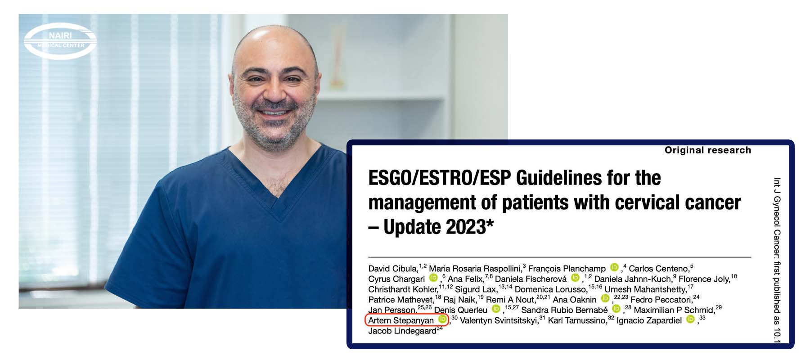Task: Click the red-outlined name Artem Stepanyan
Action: pyautogui.click(x=401, y=320)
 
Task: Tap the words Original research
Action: pyautogui.click(x=708, y=150)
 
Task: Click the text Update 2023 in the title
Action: pyautogui.click(x=435, y=227)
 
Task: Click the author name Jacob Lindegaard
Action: pyautogui.click(x=402, y=331)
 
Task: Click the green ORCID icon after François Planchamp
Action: pyautogui.click(x=614, y=267)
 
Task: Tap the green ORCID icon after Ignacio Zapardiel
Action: pyautogui.click(x=690, y=319)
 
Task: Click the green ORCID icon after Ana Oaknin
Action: pyautogui.click(x=605, y=298)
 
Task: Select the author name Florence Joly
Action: pyautogui.click(x=704, y=279)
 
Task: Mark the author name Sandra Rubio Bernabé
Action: pyautogui.click(x=564, y=310)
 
